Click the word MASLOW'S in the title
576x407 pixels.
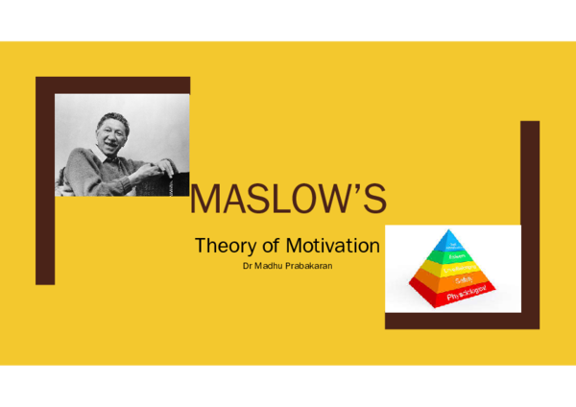coord(288,200)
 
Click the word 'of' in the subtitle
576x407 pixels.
coord(272,245)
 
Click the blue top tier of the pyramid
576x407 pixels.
coord(444,243)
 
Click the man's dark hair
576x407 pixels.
coord(108,119)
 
